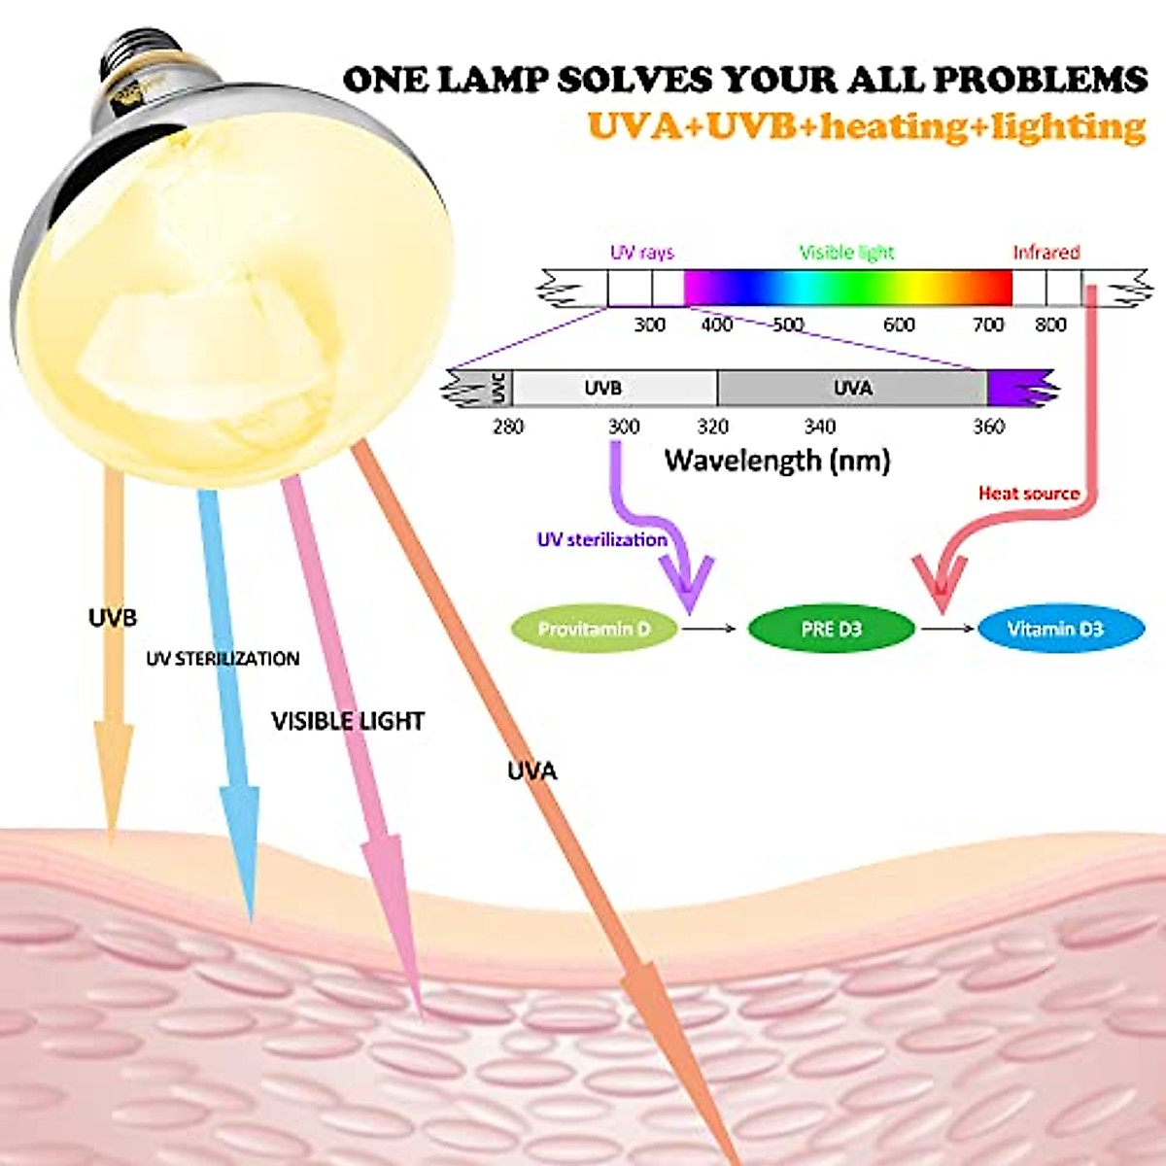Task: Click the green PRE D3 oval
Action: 831,629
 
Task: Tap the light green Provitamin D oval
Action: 594,629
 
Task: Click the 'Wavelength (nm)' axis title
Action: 777,460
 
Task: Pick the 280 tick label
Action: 508,427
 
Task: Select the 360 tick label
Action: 988,427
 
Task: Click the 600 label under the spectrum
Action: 899,325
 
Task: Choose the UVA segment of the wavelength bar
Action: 852,388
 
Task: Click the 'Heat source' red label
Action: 1028,494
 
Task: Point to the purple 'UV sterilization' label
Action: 602,539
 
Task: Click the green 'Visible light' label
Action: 846,253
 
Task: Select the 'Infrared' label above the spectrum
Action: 1046,253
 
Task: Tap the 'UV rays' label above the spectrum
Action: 641,253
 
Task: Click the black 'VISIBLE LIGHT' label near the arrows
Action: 348,721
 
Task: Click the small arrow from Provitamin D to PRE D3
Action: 709,629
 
